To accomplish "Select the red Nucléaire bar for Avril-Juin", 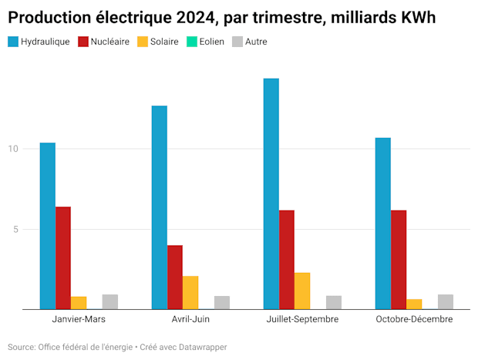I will pyautogui.click(x=175, y=278).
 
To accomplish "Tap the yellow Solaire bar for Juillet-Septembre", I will pyautogui.click(x=302, y=291).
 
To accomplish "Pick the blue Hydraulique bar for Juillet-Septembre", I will pyautogui.click(x=271, y=193).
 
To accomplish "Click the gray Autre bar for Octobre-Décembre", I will pyautogui.click(x=446, y=301).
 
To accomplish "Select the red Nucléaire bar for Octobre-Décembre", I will pyautogui.click(x=399, y=260).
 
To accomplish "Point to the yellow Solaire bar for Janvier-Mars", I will pyautogui.click(x=79, y=302).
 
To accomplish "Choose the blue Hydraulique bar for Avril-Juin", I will pyautogui.click(x=160, y=207).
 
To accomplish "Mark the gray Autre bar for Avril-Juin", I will pyautogui.click(x=222, y=302).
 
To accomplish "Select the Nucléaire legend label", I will pyautogui.click(x=110, y=42).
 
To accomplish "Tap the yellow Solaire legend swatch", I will pyautogui.click(x=143, y=42).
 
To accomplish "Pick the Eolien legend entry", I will pyautogui.click(x=211, y=42).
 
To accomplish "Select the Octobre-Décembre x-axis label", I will pyautogui.click(x=414, y=318).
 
